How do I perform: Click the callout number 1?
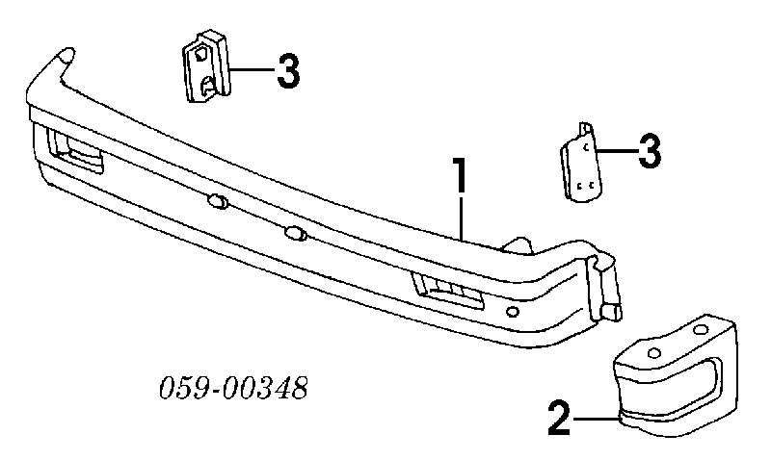pos(460,175)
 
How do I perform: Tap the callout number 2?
pos(559,418)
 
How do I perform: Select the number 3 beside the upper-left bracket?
pos(287,71)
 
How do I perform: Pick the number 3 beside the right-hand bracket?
pos(650,151)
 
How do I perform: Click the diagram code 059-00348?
pos(233,388)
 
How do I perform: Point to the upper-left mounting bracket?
pos(206,66)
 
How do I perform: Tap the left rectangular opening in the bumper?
pos(75,151)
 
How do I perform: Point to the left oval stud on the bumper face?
pos(219,200)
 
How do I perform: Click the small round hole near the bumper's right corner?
pos(512,311)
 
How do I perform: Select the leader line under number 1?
pos(462,217)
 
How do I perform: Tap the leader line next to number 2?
pos(595,419)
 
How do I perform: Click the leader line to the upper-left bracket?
pos(252,69)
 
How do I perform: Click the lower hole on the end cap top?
pos(654,352)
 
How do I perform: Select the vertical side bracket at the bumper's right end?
pos(604,286)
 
